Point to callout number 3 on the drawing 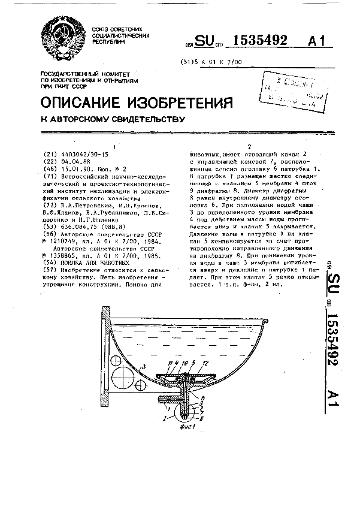[x=144, y=366]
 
